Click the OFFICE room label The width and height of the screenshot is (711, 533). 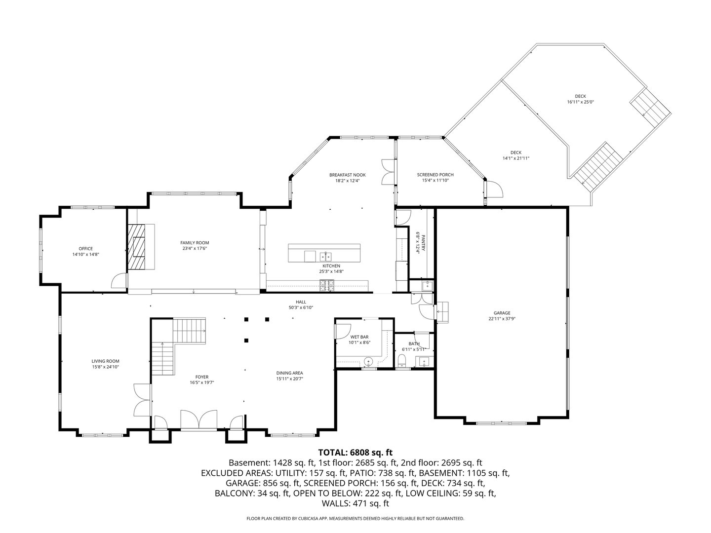coord(86,249)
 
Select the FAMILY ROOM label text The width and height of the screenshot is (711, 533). coord(195,243)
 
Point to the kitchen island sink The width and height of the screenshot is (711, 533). coord(325,256)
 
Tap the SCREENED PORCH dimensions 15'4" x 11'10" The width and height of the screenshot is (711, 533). coord(435,181)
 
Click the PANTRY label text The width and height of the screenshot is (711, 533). coord(423,243)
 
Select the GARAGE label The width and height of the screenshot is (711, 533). coord(502,313)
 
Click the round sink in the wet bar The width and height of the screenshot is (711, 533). coord(367,362)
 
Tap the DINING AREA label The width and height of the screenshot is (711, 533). coord(289,373)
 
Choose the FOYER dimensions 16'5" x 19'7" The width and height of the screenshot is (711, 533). coord(202,382)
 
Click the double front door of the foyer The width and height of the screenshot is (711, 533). coord(199,419)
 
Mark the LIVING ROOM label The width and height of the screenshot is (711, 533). coord(105,361)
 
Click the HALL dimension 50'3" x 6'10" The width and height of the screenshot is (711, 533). coord(301,307)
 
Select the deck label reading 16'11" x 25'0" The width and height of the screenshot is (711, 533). coord(580,102)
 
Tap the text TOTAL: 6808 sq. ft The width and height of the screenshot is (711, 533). coord(355,452)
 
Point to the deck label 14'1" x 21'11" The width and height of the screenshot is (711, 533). coord(516,158)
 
